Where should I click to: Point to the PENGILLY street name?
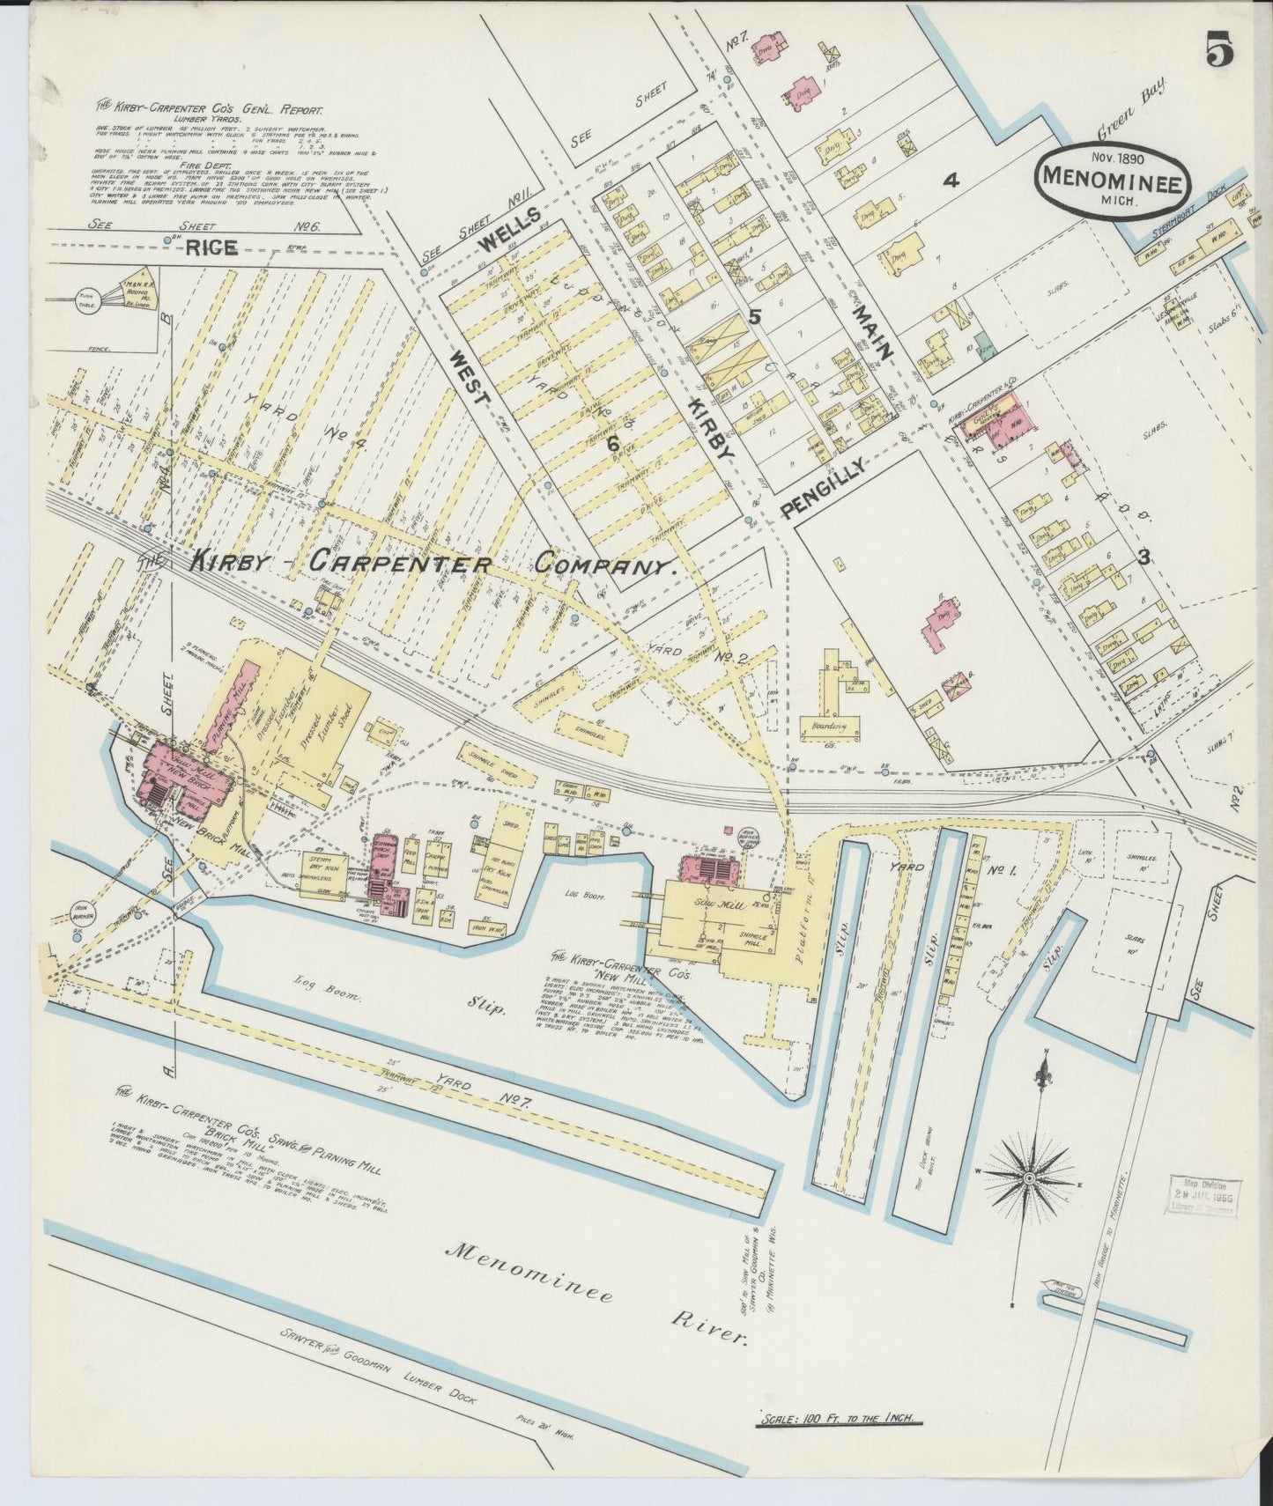tap(822, 487)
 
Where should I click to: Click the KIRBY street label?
tap(709, 424)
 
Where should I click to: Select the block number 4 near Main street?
tap(950, 181)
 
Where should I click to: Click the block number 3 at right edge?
tap(1143, 556)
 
